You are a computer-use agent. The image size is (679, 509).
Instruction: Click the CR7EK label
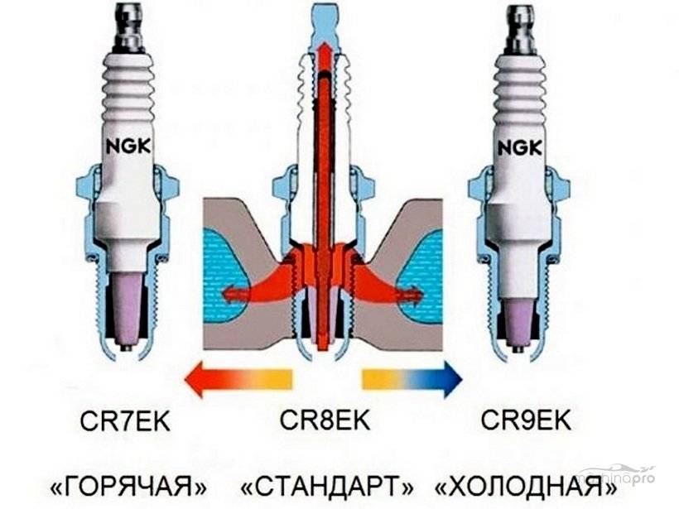point(126,420)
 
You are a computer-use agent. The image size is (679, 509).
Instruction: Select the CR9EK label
point(526,420)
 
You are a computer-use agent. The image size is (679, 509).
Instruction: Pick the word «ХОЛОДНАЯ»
point(527,483)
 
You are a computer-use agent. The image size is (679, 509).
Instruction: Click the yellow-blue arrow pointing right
point(412,379)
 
